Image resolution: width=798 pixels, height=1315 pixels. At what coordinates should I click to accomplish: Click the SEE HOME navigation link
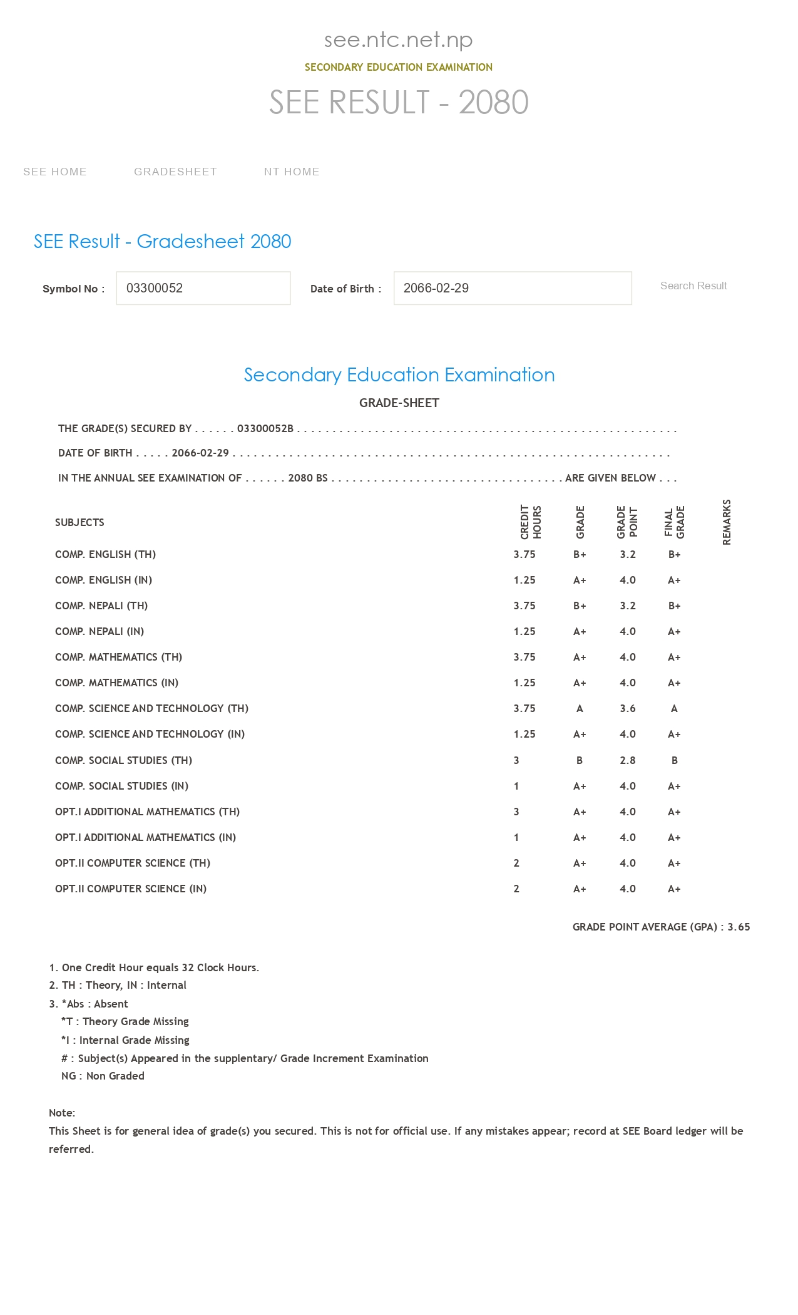(55, 172)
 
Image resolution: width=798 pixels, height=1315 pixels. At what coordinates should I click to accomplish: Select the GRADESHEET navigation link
(175, 172)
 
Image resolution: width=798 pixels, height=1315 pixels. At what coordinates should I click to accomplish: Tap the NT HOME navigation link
(292, 172)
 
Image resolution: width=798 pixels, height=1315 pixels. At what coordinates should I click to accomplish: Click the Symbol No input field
(203, 288)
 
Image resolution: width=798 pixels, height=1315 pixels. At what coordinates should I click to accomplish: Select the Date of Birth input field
(513, 288)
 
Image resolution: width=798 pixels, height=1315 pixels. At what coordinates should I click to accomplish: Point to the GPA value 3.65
(739, 927)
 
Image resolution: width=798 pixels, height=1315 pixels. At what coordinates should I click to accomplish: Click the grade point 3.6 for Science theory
(628, 708)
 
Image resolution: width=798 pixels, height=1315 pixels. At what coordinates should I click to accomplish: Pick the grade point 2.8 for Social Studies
(628, 760)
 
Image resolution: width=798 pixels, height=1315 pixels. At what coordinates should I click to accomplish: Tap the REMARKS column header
(727, 522)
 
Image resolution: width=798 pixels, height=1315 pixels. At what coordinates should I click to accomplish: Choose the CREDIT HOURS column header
(531, 522)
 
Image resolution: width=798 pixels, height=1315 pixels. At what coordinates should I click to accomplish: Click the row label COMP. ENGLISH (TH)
(105, 554)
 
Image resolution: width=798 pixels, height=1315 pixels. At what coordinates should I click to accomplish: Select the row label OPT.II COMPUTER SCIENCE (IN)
(131, 889)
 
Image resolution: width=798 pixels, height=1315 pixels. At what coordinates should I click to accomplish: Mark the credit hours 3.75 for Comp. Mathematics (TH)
(524, 657)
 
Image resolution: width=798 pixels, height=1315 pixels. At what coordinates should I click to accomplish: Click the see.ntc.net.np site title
(399, 39)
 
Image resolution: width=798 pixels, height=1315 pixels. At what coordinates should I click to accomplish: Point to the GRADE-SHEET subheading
(399, 403)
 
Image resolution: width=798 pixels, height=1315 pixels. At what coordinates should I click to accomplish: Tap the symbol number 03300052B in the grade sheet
(265, 428)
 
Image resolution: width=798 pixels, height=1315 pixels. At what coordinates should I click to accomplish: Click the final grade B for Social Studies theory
(675, 760)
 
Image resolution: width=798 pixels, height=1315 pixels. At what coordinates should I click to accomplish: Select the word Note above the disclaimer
(61, 1113)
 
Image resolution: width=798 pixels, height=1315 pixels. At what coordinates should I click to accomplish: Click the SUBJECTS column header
(79, 522)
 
